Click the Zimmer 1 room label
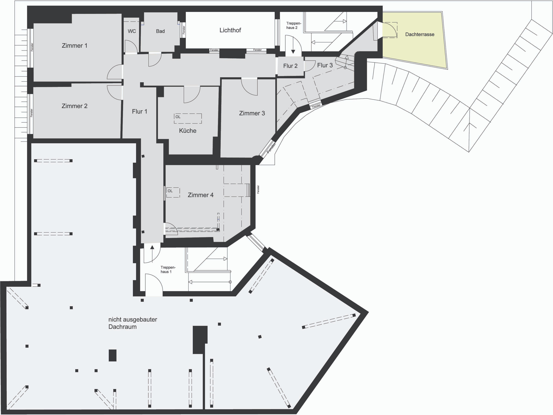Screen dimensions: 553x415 click(x=75, y=46)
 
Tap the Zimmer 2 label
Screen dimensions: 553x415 click(x=75, y=106)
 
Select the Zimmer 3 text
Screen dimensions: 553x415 click(x=252, y=113)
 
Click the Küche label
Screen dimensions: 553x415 click(x=188, y=131)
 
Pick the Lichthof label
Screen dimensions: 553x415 click(x=230, y=30)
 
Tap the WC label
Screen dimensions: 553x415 click(x=132, y=31)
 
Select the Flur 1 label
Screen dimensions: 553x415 click(x=140, y=112)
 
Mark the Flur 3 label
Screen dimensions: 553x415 click(x=325, y=65)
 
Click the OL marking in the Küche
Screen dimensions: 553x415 click(x=178, y=117)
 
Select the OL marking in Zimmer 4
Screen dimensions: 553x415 click(x=170, y=191)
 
